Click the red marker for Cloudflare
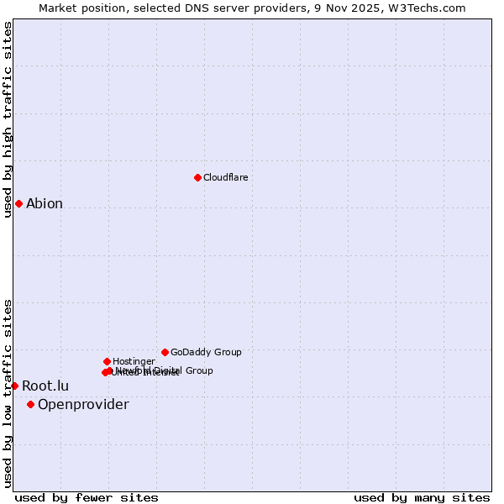click(x=197, y=177)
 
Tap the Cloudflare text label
click(x=225, y=177)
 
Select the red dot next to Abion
click(x=18, y=203)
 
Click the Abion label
click(x=45, y=204)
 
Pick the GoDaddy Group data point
click(x=165, y=352)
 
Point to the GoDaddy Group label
click(x=206, y=352)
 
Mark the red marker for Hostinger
click(x=107, y=361)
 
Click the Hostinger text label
click(x=134, y=361)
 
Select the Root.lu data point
click(x=14, y=386)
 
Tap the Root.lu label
click(x=45, y=386)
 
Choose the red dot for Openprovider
click(x=30, y=404)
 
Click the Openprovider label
click(x=83, y=405)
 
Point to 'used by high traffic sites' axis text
click(x=8, y=119)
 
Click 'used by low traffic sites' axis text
click(x=8, y=393)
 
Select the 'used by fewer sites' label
click(x=87, y=497)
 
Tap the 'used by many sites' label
click(x=422, y=497)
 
